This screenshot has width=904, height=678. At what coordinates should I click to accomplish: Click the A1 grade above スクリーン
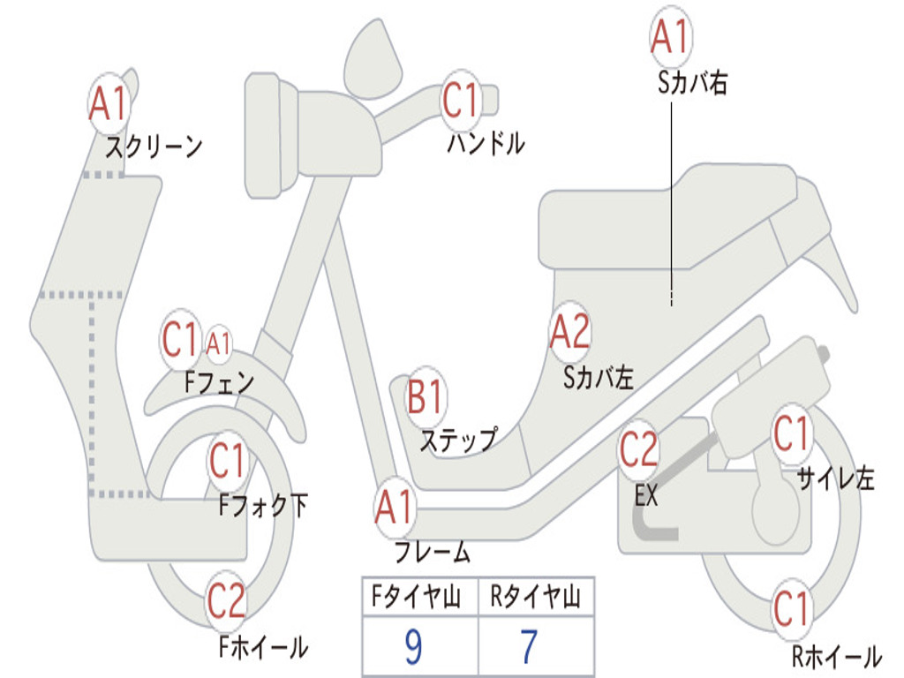point(109,104)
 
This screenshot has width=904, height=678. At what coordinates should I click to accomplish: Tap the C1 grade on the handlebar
point(460,101)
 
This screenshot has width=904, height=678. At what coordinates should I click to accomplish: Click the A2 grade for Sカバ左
point(569,332)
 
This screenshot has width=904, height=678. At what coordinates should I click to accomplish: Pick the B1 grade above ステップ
point(426,398)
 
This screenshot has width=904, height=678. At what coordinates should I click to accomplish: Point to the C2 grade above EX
point(638,450)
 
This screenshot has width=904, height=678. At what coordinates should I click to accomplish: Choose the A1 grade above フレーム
point(394,508)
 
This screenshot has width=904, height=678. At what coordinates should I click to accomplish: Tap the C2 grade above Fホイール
point(226,602)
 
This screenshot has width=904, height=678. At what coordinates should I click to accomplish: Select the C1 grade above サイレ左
point(791,433)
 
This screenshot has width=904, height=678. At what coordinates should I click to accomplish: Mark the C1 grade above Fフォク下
point(228,459)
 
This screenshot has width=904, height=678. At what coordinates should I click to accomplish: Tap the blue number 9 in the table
point(412,648)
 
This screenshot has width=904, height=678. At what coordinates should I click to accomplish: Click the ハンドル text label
point(486,143)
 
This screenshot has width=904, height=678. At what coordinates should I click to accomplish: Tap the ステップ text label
point(458,439)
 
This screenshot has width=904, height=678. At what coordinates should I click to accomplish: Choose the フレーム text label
point(432,554)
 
